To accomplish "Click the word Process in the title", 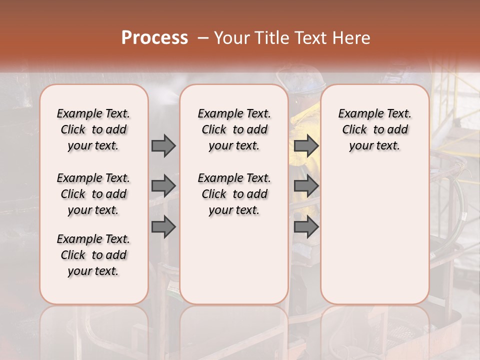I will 154,38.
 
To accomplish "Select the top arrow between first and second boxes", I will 163,145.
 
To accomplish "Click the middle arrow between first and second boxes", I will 163,186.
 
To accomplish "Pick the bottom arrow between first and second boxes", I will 163,227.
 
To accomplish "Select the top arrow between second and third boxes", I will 306,145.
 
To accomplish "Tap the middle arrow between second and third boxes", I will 306,186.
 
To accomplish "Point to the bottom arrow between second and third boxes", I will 306,227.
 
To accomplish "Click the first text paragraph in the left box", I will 93,129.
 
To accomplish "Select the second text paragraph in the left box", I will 93,194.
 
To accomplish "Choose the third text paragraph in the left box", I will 93,255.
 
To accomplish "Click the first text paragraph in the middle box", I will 234,129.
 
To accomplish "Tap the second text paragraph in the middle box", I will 234,194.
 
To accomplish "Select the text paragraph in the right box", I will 374,129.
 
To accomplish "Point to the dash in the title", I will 202,38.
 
